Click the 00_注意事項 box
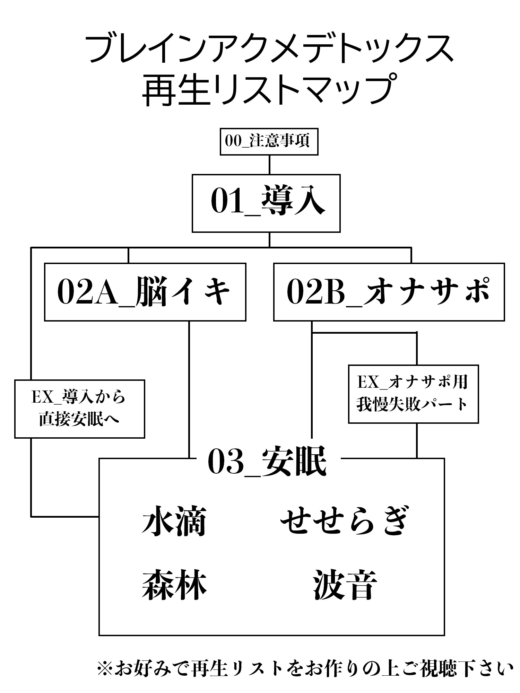[269, 142]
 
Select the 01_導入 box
[266, 203]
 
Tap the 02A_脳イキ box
[145, 292]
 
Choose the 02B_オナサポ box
[389, 292]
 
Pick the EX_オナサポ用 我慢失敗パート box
[413, 394]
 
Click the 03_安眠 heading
[267, 462]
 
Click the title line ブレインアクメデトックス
[269, 49]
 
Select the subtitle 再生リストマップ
[269, 89]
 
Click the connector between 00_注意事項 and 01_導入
[269, 165]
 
